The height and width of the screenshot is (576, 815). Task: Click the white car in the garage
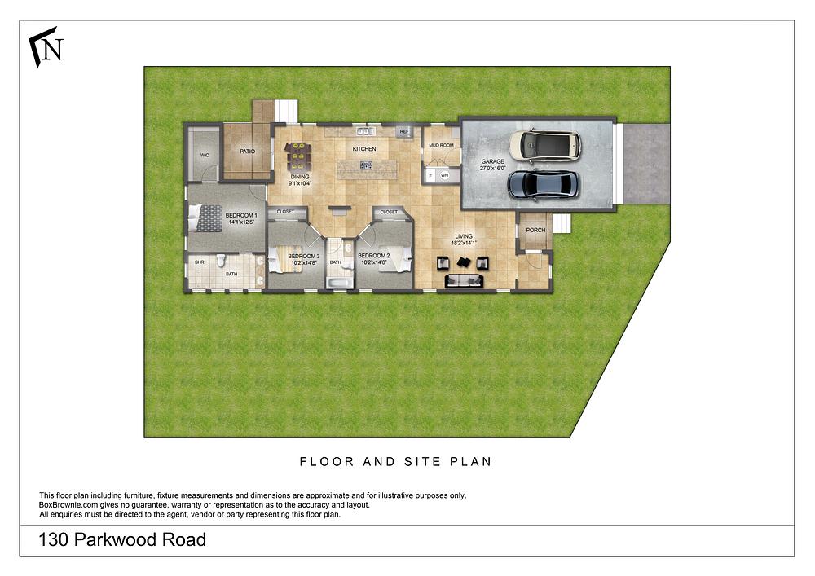(x=545, y=145)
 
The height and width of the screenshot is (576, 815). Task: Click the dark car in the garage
(x=544, y=184)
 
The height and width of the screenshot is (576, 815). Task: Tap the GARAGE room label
(x=492, y=161)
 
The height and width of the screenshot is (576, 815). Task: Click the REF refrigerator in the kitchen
(x=403, y=131)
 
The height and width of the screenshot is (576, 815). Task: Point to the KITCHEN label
(x=363, y=150)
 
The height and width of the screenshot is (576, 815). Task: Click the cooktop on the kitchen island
(x=366, y=165)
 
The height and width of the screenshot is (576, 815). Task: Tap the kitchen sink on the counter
(x=363, y=130)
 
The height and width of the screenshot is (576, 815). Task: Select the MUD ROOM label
(x=440, y=145)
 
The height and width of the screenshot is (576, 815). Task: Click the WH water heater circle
(x=445, y=175)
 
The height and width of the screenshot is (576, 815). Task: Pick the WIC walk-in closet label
(x=205, y=155)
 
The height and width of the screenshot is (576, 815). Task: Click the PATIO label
(x=247, y=152)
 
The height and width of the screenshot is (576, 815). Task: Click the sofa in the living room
(x=464, y=281)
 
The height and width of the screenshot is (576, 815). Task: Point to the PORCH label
(x=535, y=231)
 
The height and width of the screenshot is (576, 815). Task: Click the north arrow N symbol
(x=46, y=49)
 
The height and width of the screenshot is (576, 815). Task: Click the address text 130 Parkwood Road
(x=122, y=540)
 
